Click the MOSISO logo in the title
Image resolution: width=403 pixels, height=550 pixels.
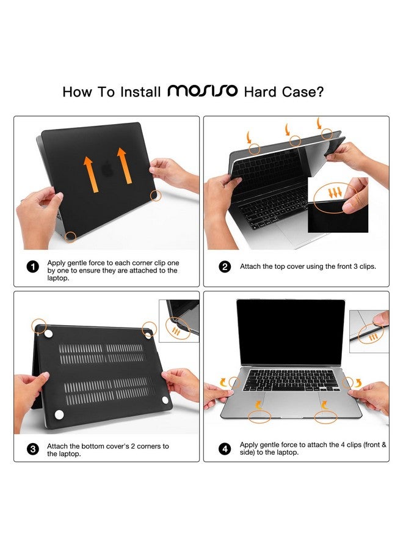point(203,90)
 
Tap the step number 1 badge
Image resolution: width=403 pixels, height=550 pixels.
point(32,267)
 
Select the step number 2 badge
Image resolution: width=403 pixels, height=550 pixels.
point(225,266)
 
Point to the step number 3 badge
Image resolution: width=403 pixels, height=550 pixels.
point(32,449)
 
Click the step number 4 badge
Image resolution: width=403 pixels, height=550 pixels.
point(225,449)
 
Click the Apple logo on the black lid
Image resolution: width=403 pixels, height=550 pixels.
point(107,169)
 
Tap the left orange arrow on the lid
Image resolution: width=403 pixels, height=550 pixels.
point(90,174)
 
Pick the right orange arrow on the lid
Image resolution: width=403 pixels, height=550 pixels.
point(124,166)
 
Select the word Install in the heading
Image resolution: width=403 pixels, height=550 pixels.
point(140,92)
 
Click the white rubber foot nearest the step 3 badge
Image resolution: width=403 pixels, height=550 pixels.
point(59,414)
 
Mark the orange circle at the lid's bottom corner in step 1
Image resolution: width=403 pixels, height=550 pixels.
point(71,237)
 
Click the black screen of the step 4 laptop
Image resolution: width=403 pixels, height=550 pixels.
point(291,332)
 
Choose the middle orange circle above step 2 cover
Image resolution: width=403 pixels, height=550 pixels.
point(295,141)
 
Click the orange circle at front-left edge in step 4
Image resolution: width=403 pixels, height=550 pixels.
point(260,417)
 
